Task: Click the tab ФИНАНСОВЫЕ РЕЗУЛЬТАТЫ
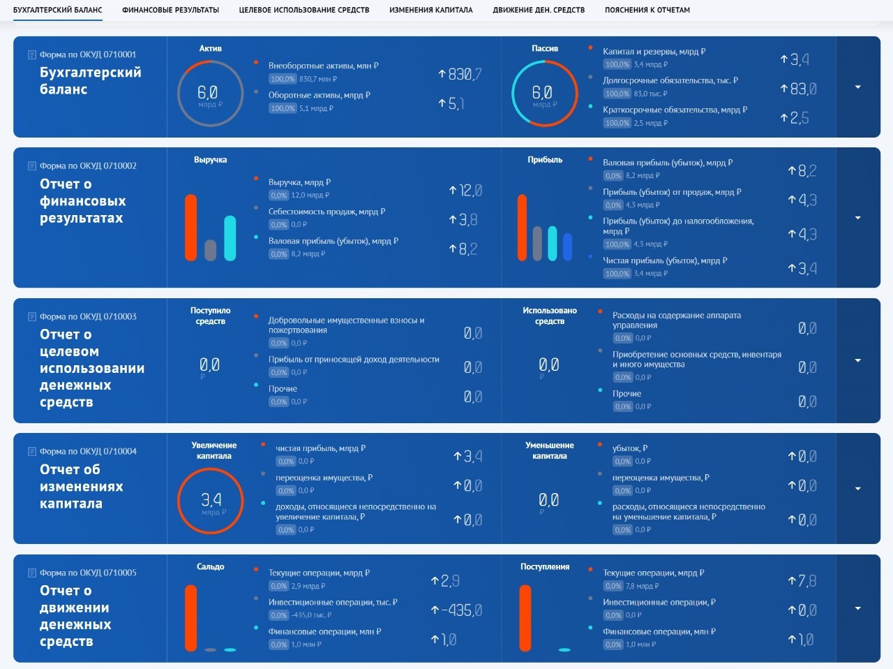pyautogui.click(x=170, y=10)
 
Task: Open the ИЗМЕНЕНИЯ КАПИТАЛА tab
pyautogui.click(x=430, y=10)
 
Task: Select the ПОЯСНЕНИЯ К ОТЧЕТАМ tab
pyautogui.click(x=647, y=10)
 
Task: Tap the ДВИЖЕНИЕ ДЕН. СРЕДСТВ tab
pyautogui.click(x=539, y=10)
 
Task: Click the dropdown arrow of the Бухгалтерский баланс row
pyautogui.click(x=857, y=87)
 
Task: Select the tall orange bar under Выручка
pyautogui.click(x=190, y=228)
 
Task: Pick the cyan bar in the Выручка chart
pyautogui.click(x=230, y=238)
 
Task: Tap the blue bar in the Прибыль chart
pyautogui.click(x=567, y=247)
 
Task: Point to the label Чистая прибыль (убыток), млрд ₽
pyautogui.click(x=664, y=260)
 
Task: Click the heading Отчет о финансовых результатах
pyautogui.click(x=82, y=201)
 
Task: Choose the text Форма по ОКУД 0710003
pyautogui.click(x=88, y=316)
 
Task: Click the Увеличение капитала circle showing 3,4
pyautogui.click(x=211, y=501)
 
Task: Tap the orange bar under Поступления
pyautogui.click(x=525, y=617)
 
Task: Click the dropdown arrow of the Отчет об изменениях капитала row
pyautogui.click(x=857, y=489)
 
